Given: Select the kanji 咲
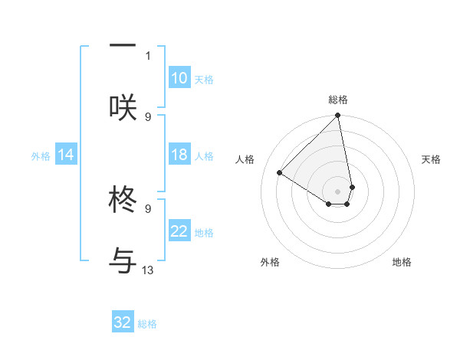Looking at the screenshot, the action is click(123, 106).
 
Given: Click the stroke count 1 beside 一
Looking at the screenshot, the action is click(148, 55).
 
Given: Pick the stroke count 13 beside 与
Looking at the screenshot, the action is click(148, 270).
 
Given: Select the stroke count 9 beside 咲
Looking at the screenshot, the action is click(148, 116).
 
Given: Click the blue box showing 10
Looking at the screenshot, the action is click(179, 78).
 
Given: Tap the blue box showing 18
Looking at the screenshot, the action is click(179, 155).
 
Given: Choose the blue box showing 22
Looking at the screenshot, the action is click(179, 231).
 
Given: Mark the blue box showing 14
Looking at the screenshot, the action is click(66, 155).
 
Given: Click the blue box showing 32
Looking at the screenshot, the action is click(123, 322).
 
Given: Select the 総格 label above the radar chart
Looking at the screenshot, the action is click(338, 100).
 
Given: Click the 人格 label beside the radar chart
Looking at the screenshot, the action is click(245, 159).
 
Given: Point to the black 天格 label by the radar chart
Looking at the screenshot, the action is click(432, 159).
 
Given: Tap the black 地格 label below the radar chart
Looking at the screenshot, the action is click(402, 262).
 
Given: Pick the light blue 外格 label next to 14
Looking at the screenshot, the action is click(41, 155).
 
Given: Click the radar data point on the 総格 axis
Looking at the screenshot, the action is click(337, 116).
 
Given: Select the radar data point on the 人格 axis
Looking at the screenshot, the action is click(280, 173).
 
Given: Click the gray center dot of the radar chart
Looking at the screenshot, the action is click(337, 191).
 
